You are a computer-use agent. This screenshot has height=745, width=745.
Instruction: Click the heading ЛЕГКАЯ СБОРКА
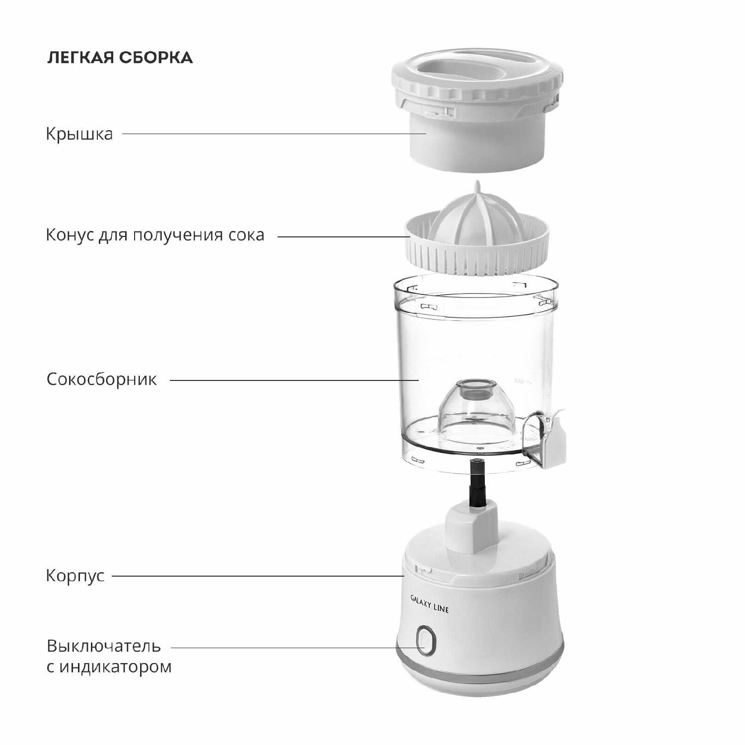click(120, 58)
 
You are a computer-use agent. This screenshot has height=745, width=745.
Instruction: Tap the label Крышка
click(79, 134)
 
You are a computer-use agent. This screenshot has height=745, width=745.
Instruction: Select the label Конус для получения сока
click(155, 234)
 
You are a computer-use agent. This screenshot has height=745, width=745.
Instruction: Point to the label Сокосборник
click(102, 379)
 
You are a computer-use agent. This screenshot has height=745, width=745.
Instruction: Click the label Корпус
click(75, 576)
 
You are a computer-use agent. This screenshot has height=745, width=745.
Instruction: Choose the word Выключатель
click(104, 646)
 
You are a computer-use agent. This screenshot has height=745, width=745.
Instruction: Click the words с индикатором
click(109, 666)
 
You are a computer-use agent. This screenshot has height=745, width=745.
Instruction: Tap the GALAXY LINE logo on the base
click(430, 602)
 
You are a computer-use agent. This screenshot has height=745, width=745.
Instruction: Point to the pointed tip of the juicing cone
click(477, 183)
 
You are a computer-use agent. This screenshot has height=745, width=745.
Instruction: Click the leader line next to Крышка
click(274, 134)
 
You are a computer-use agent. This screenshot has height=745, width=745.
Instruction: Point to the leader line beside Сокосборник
click(295, 380)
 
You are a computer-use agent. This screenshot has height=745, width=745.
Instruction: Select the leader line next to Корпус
click(258, 576)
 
